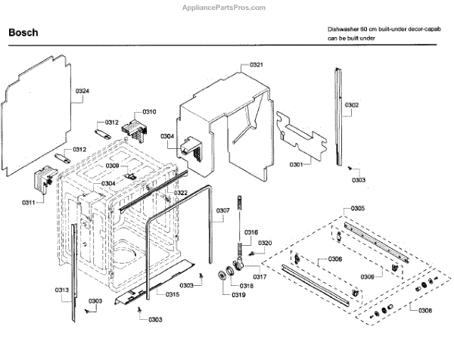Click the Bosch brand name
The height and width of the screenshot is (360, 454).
[x=23, y=33]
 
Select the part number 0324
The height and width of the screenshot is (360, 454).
[x=82, y=91]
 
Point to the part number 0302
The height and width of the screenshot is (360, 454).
[x=352, y=105]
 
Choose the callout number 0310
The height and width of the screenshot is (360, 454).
[x=148, y=112]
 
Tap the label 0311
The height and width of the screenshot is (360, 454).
[x=29, y=203]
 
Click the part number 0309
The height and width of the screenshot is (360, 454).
[x=112, y=166]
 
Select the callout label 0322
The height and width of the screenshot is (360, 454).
[x=181, y=193]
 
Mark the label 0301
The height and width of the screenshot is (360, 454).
[x=296, y=164]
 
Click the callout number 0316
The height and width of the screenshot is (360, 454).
[x=251, y=232]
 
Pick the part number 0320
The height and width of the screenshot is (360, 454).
[x=264, y=243]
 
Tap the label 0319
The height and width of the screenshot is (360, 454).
[x=238, y=294]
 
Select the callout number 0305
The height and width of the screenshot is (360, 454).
[x=357, y=208]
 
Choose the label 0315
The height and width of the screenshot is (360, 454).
[x=173, y=294]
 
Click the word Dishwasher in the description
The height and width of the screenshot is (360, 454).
[x=343, y=27]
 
